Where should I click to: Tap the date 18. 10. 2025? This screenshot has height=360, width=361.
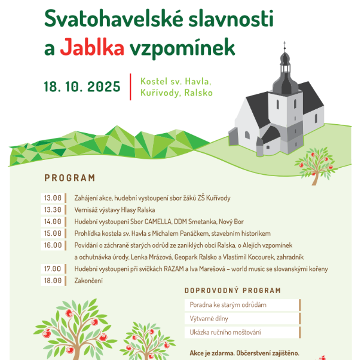click(82, 87)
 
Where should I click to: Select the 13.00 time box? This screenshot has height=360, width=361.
click(53, 198)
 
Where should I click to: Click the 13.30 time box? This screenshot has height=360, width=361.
click(53, 210)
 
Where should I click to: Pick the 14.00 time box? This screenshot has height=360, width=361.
click(53, 221)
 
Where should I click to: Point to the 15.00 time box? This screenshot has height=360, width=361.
click(53, 233)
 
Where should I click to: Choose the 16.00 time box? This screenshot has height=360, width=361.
click(53, 245)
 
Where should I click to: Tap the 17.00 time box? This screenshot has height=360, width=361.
click(53, 269)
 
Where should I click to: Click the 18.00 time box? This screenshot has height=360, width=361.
click(53, 281)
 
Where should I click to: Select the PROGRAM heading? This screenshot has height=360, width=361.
click(69, 178)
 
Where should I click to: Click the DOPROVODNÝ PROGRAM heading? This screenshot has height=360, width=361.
click(232, 291)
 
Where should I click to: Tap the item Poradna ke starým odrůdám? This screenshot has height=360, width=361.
click(228, 304)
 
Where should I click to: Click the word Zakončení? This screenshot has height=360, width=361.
click(88, 281)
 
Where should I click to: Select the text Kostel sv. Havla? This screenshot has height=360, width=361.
click(176, 81)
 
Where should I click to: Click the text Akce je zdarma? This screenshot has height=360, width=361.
click(212, 352)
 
